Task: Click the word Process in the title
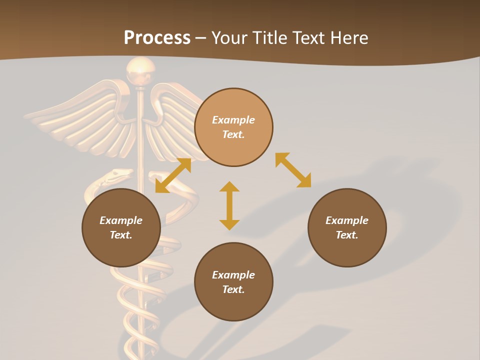pos(157,38)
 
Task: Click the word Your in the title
pos(231,38)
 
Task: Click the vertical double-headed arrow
pos(229,205)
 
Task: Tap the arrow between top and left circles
pos(173,175)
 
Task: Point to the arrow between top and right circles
pos(293,170)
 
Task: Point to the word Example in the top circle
pos(233,120)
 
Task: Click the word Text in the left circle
pos(121,235)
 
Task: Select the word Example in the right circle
pos(347,220)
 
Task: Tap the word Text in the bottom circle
pos(233,289)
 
